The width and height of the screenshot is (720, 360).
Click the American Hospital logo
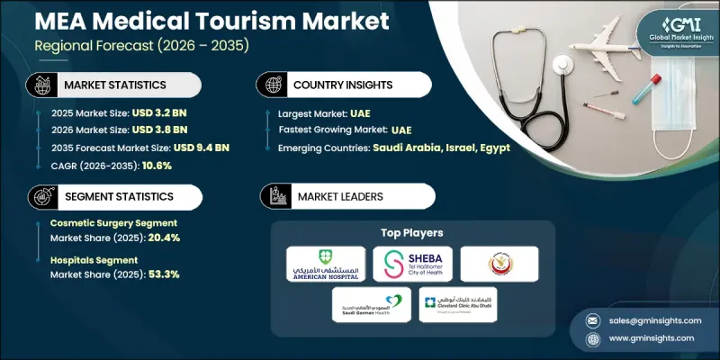point(325,264)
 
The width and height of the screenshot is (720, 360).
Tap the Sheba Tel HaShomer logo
point(411,264)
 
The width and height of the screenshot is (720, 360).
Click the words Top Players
point(410,232)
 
